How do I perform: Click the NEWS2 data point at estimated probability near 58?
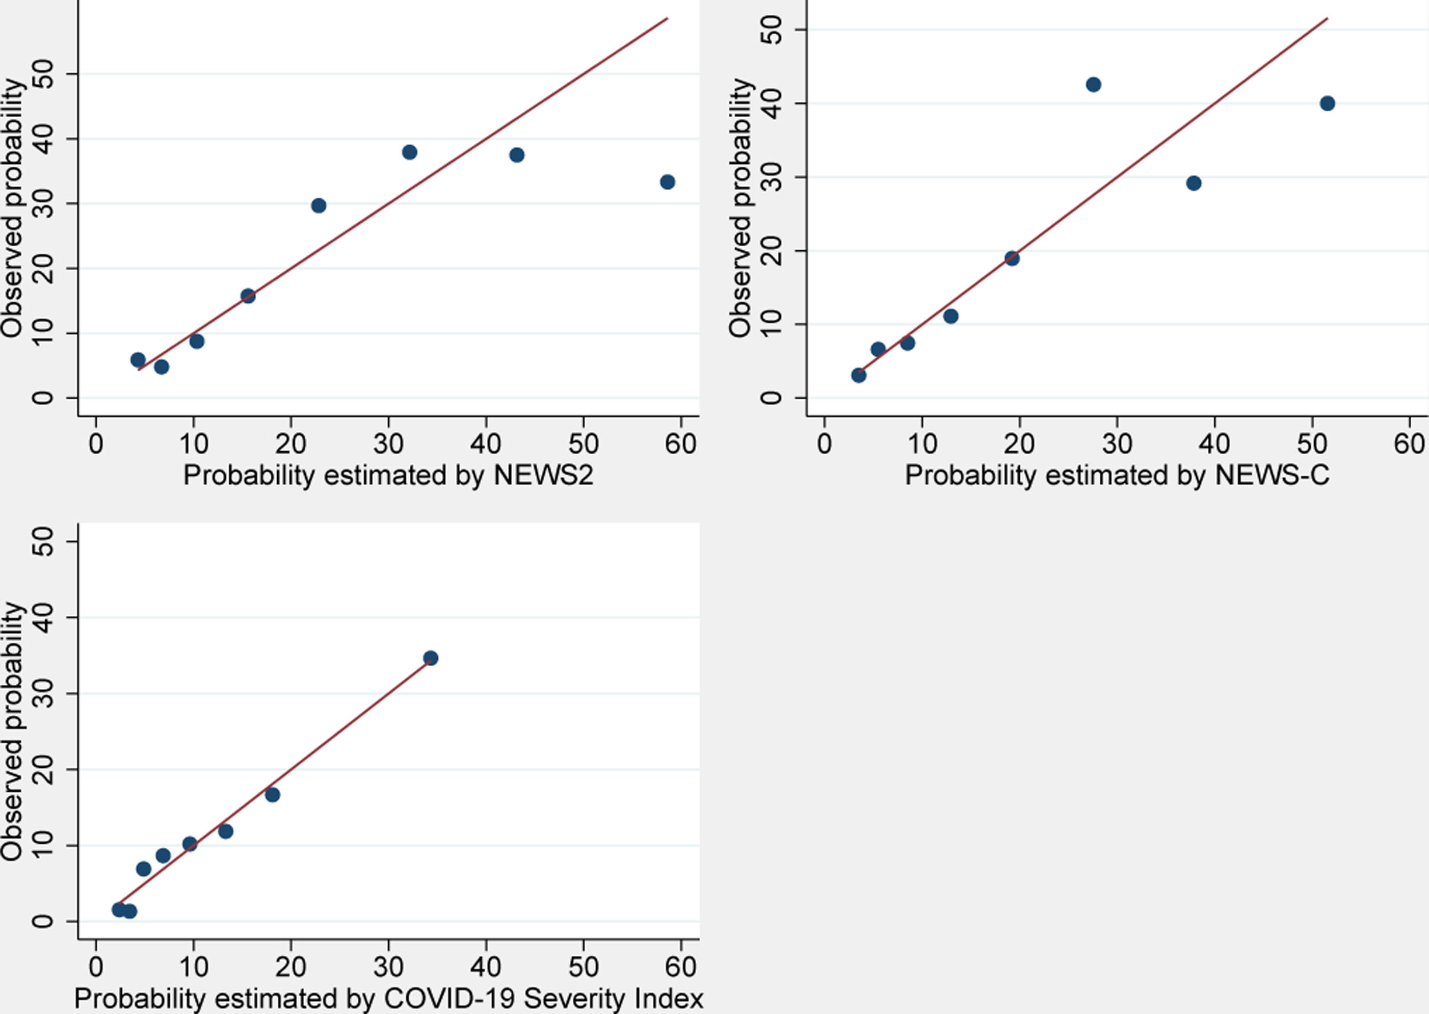click(x=667, y=182)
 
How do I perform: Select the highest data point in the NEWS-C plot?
click(x=1093, y=85)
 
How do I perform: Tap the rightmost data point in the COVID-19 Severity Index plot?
click(x=430, y=658)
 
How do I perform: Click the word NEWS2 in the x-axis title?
click(x=544, y=476)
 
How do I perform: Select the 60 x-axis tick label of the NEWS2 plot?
click(x=680, y=444)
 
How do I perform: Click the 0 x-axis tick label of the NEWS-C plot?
click(x=824, y=444)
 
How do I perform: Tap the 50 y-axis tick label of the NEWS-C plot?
click(x=772, y=30)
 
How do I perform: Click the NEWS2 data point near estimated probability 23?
click(x=318, y=206)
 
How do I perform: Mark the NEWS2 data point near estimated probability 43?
click(x=517, y=155)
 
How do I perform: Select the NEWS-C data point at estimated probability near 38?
click(x=1194, y=183)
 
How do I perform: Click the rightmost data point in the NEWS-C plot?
click(x=1327, y=103)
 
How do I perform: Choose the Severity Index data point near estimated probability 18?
click(x=272, y=795)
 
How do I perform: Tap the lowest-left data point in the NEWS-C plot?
click(x=859, y=375)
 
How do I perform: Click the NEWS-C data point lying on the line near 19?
click(x=1012, y=258)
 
